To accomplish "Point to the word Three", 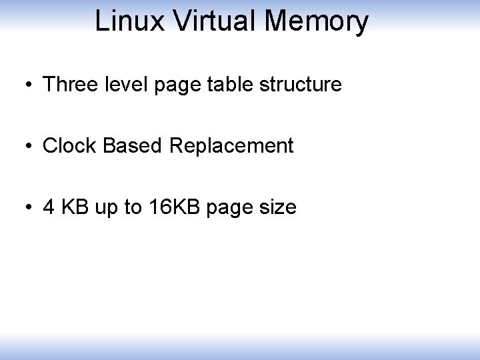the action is point(68,85).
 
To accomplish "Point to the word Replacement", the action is point(231,147).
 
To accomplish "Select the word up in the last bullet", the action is point(106,208).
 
